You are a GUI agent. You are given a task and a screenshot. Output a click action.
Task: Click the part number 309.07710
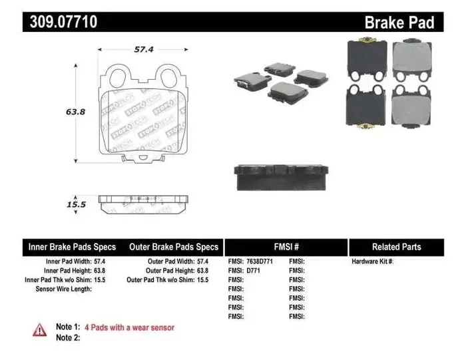(64, 22)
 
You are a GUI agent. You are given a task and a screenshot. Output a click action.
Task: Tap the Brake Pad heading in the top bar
(399, 23)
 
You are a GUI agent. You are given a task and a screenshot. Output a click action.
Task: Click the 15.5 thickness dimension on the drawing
(77, 205)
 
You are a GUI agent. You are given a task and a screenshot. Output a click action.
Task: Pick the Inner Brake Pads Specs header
(72, 247)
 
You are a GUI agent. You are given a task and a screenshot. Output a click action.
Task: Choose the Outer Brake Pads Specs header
(174, 247)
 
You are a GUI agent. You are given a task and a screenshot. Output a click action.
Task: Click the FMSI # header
(286, 247)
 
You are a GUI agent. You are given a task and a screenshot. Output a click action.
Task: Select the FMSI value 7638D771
(260, 262)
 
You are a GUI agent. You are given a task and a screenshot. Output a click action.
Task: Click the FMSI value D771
(253, 271)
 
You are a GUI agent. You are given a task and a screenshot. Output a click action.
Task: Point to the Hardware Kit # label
(372, 262)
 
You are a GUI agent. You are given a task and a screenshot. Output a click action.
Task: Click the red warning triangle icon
(40, 329)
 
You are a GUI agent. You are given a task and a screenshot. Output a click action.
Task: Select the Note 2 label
(67, 337)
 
